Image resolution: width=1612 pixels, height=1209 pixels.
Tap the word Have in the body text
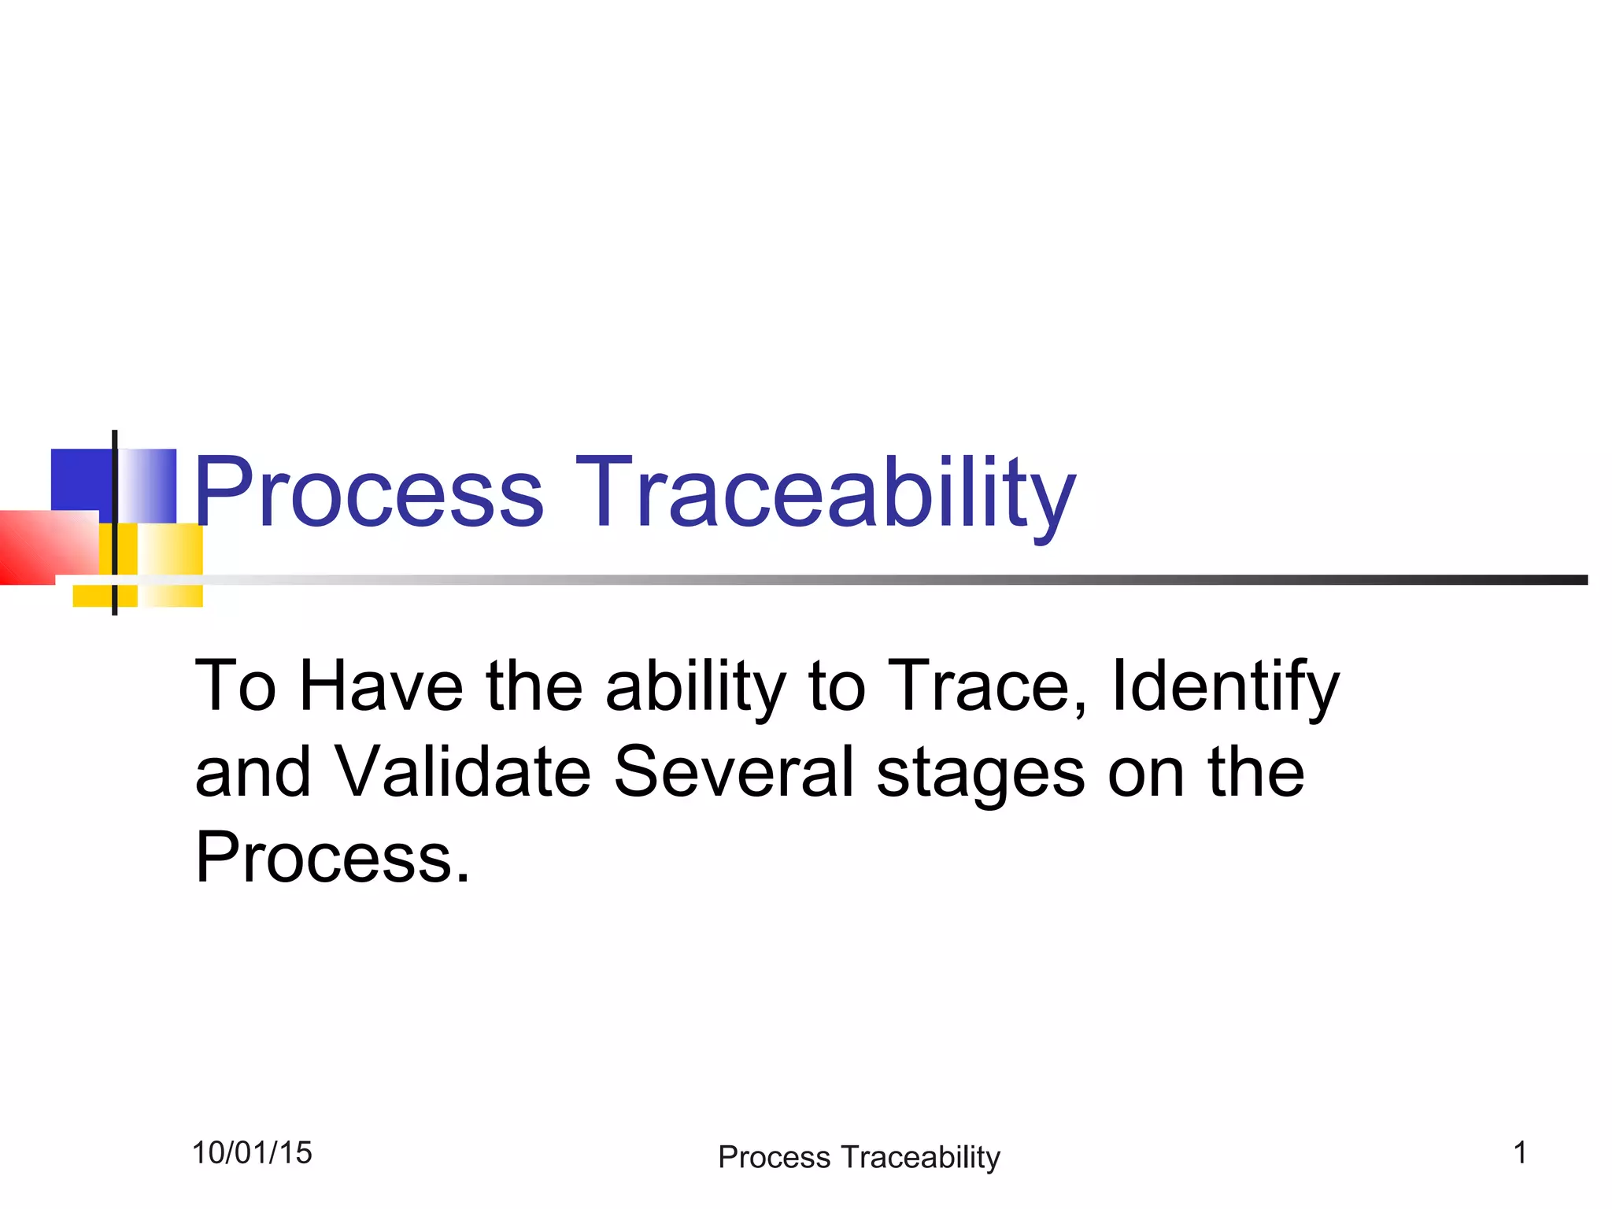[381, 686]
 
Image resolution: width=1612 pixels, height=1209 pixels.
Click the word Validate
[462, 772]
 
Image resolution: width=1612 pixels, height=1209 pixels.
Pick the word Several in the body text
[734, 772]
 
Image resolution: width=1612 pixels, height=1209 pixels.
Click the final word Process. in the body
[332, 858]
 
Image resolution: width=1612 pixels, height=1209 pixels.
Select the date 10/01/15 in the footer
[252, 1153]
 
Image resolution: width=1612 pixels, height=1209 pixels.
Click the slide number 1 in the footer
[1520, 1153]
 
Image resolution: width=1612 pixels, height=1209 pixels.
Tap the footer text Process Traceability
[859, 1157]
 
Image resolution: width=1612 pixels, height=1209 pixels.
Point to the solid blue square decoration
[81, 480]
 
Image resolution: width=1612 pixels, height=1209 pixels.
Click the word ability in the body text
[696, 686]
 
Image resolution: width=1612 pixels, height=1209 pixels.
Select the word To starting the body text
[235, 686]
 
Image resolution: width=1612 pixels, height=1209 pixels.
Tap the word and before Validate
[253, 772]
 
